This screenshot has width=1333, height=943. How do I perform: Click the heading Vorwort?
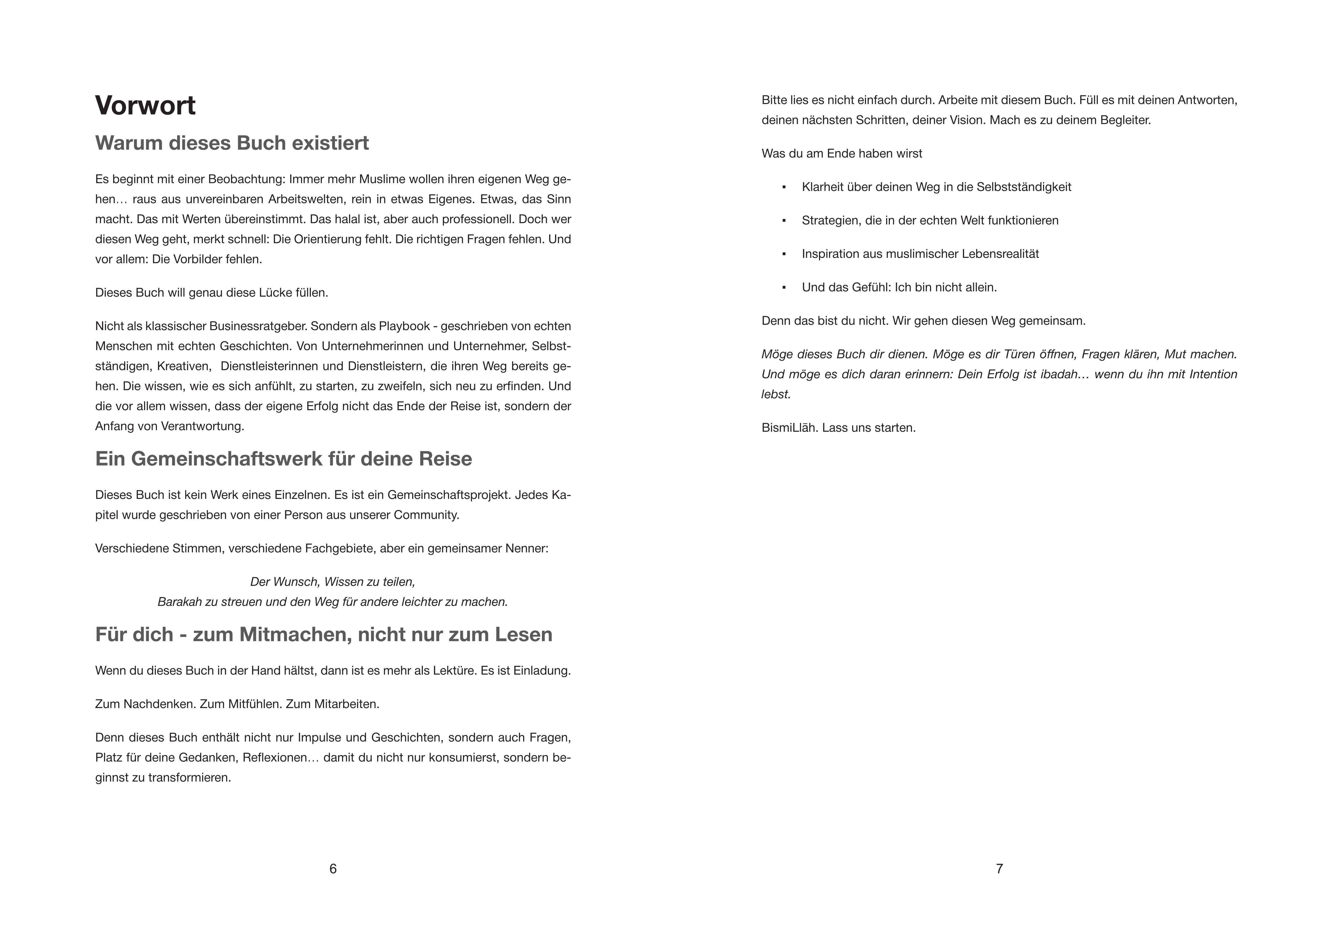pos(145,106)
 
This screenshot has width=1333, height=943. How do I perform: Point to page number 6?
pos(333,869)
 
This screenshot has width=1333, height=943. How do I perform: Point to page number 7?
pos(999,869)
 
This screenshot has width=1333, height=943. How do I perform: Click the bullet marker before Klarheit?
pos(784,187)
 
